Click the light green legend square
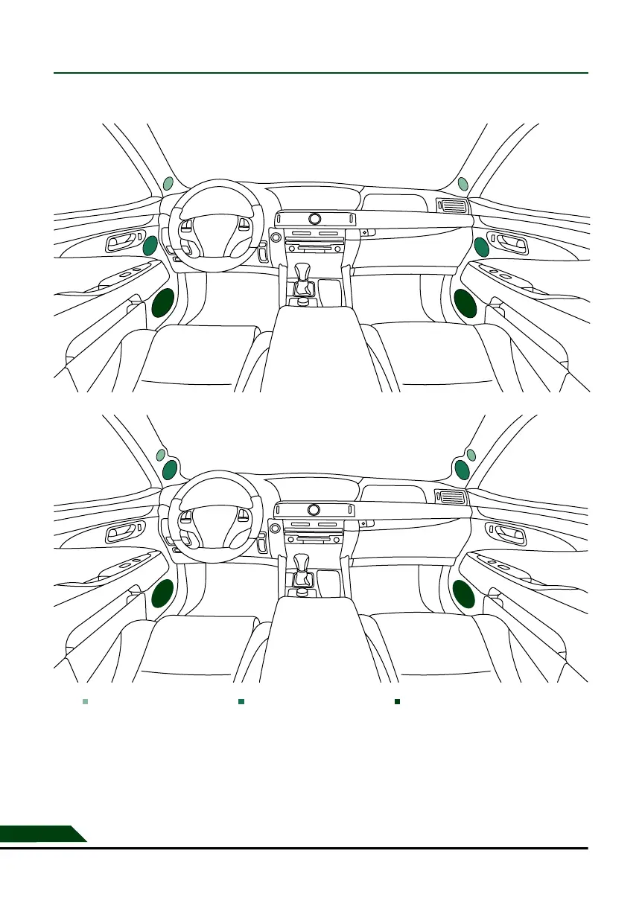click(86, 701)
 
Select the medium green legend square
click(241, 701)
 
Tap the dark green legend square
click(398, 701)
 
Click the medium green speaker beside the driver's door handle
click(150, 245)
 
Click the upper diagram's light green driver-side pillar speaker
click(168, 183)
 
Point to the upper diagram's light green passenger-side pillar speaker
click(463, 183)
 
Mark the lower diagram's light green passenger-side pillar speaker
click(471, 455)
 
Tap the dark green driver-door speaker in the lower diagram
click(163, 595)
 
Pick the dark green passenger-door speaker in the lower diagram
click(464, 595)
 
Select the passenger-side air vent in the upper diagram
click(452, 206)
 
